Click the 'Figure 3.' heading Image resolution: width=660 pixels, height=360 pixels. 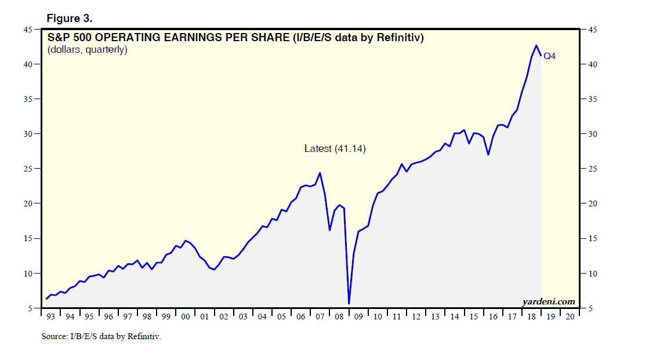[x=69, y=18]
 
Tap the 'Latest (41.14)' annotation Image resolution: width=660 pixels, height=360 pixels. [x=335, y=149]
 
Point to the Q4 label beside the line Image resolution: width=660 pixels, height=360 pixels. [x=549, y=56]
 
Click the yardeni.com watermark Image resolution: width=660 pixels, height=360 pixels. [x=548, y=301]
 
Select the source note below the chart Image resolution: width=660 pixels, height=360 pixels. [x=101, y=336]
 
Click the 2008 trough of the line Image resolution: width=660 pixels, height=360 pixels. [x=349, y=303]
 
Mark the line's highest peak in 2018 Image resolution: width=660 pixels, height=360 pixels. [x=536, y=45]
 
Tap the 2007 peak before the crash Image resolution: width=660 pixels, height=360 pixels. [x=320, y=173]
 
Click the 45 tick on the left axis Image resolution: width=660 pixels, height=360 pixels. [x=27, y=30]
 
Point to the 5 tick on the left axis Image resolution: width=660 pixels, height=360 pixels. [x=30, y=309]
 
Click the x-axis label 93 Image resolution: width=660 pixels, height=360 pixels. [x=51, y=317]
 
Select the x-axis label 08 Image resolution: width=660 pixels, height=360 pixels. [x=339, y=317]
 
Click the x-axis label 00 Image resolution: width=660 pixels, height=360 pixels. [x=185, y=317]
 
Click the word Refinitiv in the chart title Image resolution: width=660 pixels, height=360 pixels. [x=399, y=38]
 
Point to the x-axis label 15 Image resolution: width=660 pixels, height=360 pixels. [x=473, y=317]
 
